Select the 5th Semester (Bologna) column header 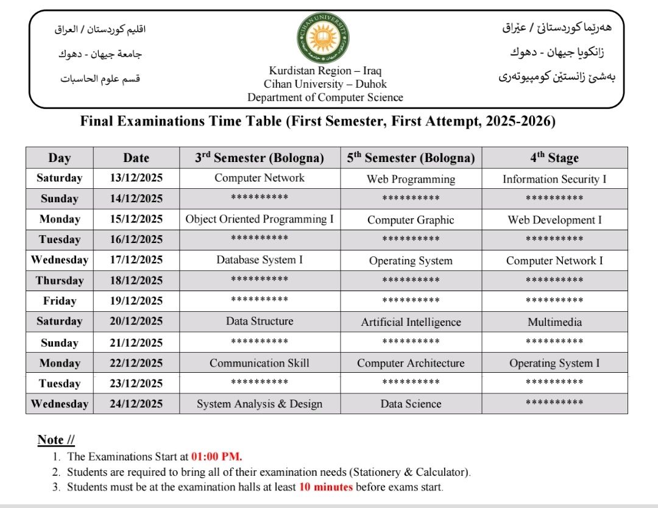tap(411, 158)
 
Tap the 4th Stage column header tap(554, 158)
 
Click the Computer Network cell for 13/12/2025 tap(260, 178)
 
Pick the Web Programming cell tap(411, 179)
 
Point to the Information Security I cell tap(554, 179)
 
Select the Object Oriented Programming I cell tap(260, 219)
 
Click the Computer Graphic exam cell tap(411, 220)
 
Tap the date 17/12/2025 tap(136, 260)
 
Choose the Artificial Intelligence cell tap(411, 322)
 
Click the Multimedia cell tap(554, 322)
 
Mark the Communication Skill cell tap(260, 363)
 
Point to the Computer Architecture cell tap(411, 363)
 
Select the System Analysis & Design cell tap(260, 404)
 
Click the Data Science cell tap(411, 404)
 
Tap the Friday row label tap(60, 301)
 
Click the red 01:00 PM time tap(217, 456)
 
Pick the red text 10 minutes tap(325, 487)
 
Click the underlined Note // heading tap(56, 440)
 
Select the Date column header tap(136, 158)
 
